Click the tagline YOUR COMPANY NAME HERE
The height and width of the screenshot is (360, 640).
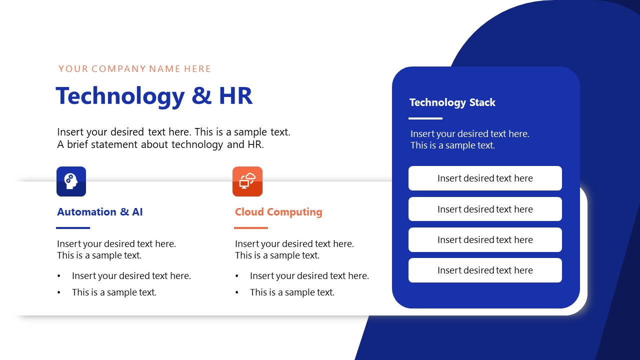click(x=135, y=69)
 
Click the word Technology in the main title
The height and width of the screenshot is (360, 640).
click(x=120, y=96)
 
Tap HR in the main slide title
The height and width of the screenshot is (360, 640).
click(x=235, y=95)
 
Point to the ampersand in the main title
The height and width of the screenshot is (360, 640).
click(x=201, y=95)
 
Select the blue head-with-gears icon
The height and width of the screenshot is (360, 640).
click(x=71, y=181)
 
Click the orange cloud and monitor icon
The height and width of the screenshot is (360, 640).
click(x=247, y=181)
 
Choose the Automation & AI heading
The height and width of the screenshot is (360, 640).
click(x=100, y=212)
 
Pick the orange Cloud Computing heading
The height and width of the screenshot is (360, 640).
click(x=278, y=212)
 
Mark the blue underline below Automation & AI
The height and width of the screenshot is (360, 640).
click(x=73, y=228)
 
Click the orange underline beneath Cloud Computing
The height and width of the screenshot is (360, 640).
click(x=251, y=228)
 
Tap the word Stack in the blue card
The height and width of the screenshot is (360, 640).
click(x=482, y=102)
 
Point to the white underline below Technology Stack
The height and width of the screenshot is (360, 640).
click(x=425, y=118)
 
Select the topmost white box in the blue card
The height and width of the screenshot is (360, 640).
click(x=485, y=178)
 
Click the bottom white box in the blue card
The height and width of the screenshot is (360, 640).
click(x=485, y=270)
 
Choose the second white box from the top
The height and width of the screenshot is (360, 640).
click(x=485, y=209)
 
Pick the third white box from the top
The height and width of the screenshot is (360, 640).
click(x=485, y=240)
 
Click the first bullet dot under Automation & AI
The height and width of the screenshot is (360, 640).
click(x=59, y=276)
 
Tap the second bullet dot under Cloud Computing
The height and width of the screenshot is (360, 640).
click(x=237, y=292)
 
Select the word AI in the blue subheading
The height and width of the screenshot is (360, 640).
click(x=137, y=212)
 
